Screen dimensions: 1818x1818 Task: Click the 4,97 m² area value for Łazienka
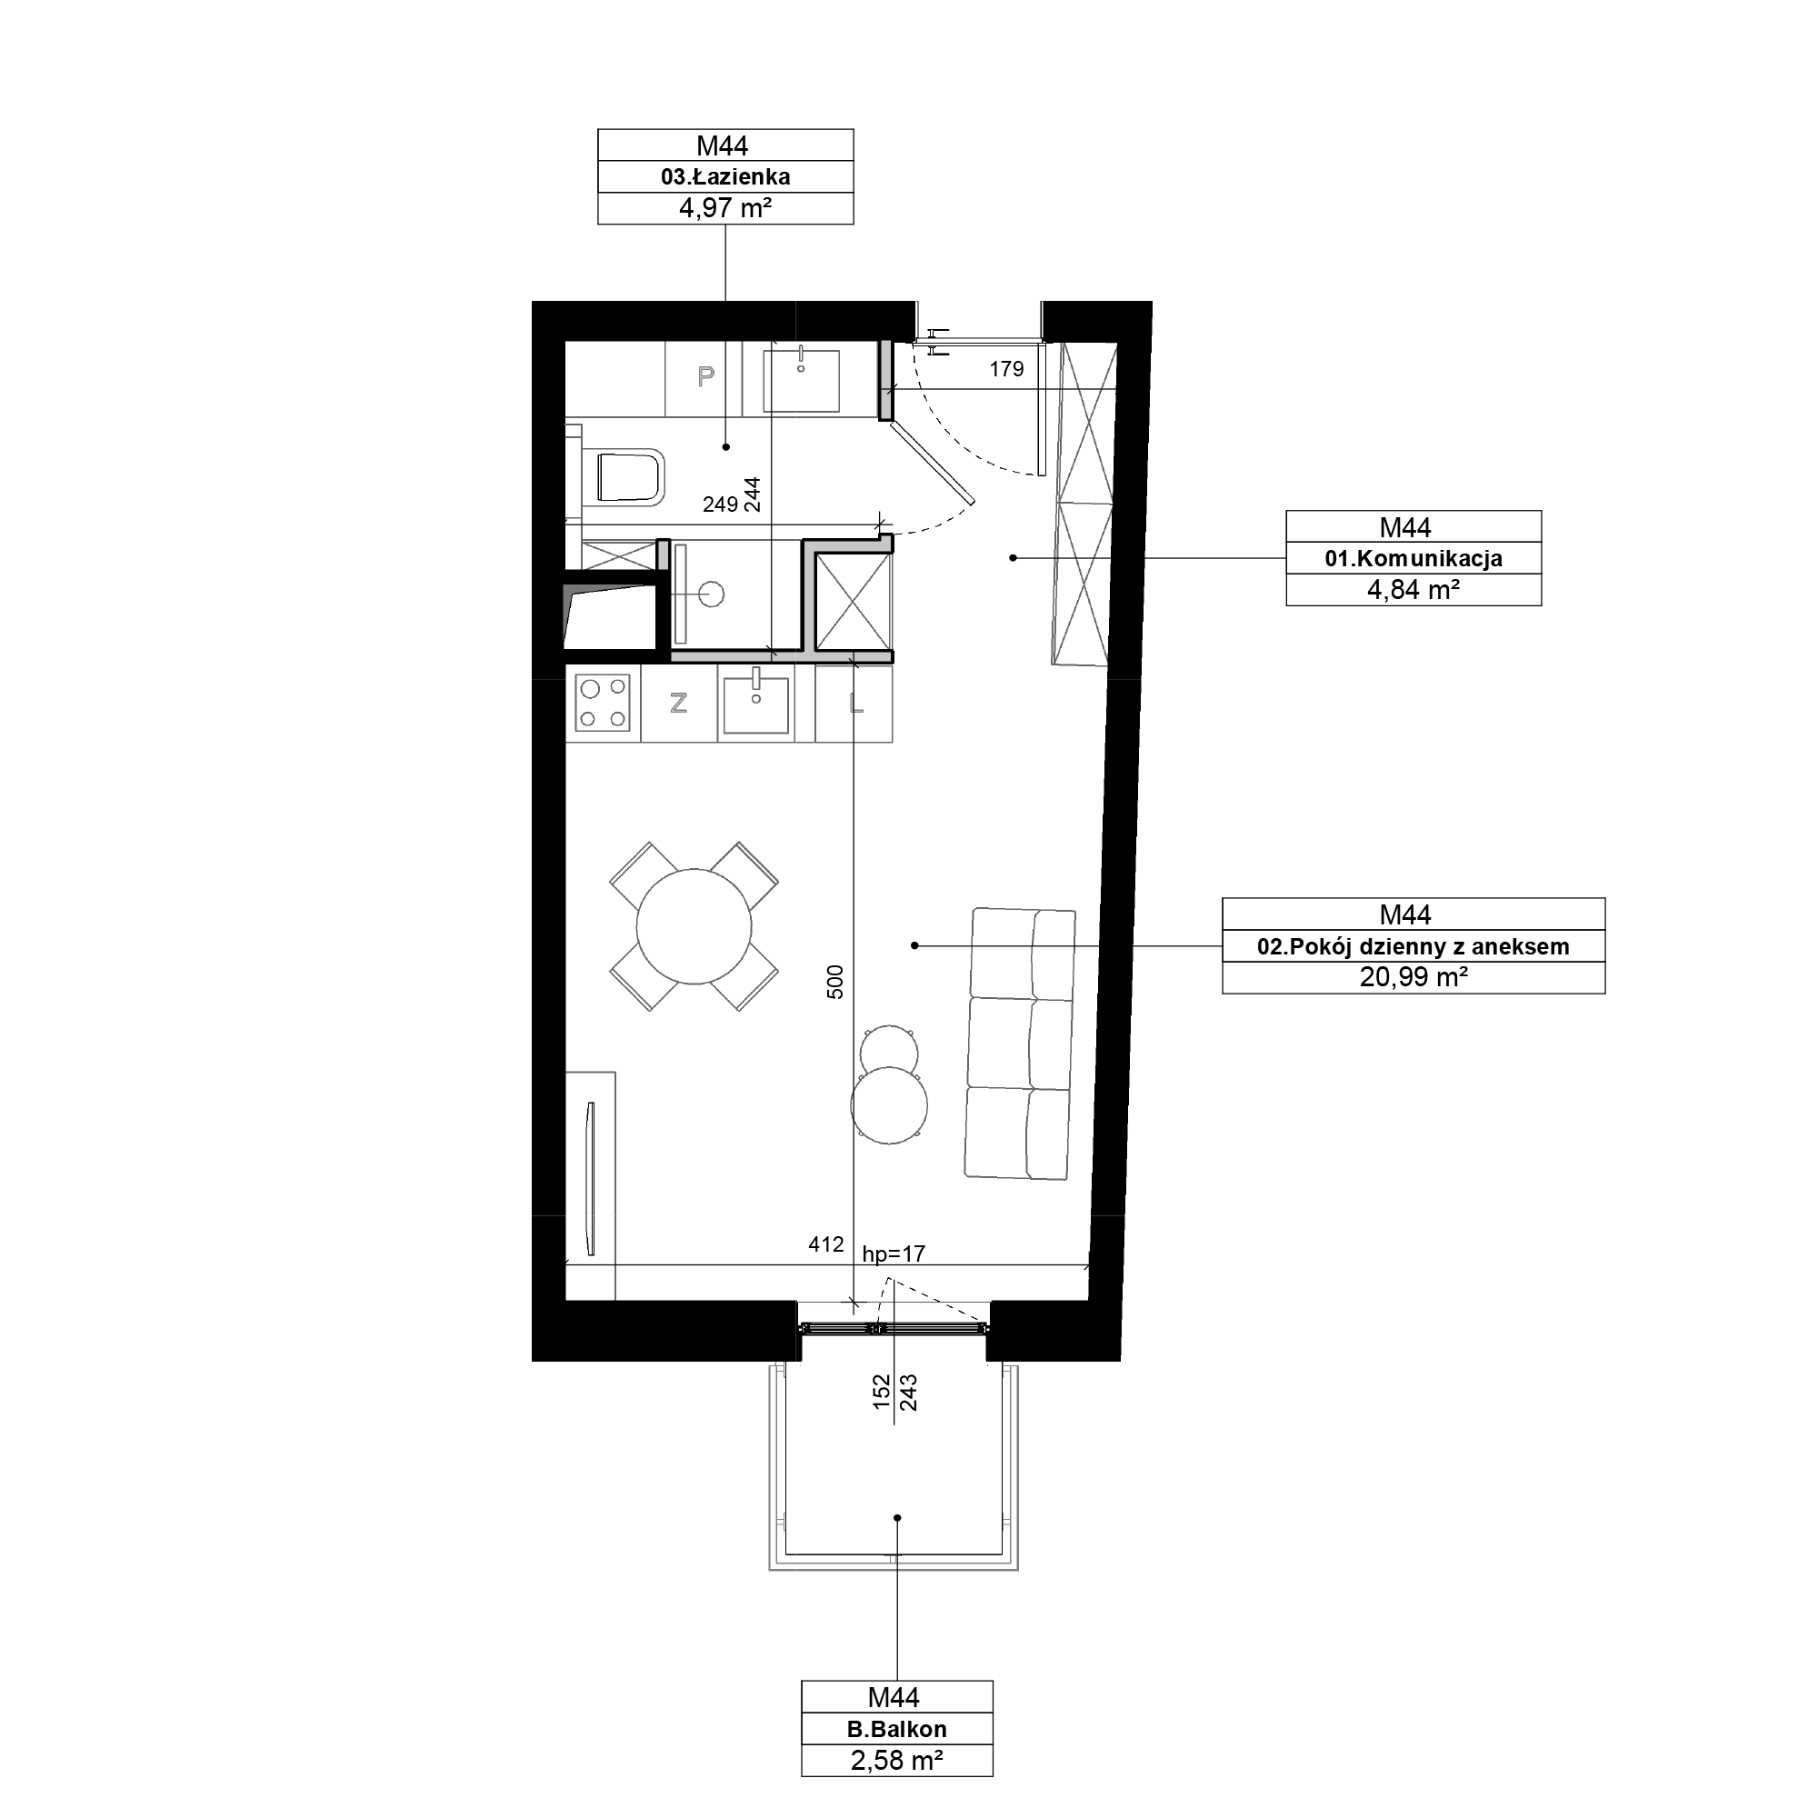click(725, 208)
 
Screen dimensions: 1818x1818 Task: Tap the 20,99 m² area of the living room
click(1413, 977)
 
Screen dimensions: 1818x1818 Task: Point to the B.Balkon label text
click(897, 1729)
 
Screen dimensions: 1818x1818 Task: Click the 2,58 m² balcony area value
click(897, 1760)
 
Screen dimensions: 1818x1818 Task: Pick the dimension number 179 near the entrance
click(1006, 369)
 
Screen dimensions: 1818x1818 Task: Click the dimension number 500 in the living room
click(835, 982)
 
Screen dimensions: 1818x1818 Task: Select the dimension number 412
click(825, 1244)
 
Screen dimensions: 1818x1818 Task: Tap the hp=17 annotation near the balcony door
click(893, 1254)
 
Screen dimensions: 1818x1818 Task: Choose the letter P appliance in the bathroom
click(704, 376)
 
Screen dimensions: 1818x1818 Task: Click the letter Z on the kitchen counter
click(677, 702)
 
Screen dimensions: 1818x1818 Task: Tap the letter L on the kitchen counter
click(856, 702)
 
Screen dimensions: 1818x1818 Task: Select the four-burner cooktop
click(604, 704)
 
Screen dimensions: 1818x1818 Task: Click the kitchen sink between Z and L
click(755, 701)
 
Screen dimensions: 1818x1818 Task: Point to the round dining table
click(694, 926)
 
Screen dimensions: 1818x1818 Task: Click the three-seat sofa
click(1020, 1044)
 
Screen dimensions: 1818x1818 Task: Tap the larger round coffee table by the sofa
click(889, 1104)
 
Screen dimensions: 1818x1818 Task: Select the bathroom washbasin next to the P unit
click(801, 380)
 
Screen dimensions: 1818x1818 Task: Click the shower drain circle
click(712, 594)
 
